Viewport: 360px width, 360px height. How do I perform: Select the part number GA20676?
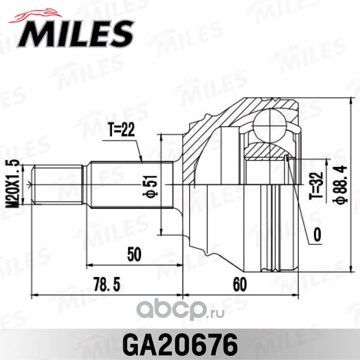click(x=180, y=344)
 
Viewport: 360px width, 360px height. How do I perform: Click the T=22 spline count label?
click(x=122, y=130)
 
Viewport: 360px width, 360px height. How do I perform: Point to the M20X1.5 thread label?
click(x=12, y=183)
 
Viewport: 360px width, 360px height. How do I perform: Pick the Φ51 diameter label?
click(x=150, y=186)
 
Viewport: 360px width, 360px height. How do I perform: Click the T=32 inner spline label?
click(x=316, y=186)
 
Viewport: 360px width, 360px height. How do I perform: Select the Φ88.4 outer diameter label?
click(x=340, y=184)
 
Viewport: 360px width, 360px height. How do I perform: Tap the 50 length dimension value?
click(x=134, y=254)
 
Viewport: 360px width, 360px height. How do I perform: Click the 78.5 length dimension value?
click(x=107, y=284)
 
